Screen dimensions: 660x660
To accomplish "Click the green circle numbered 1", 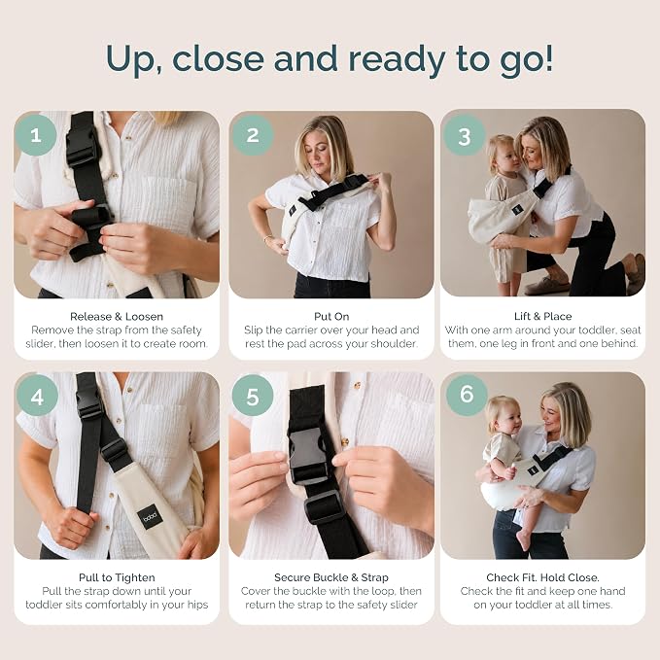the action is click(x=36, y=135).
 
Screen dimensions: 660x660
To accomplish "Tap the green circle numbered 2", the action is click(x=253, y=135).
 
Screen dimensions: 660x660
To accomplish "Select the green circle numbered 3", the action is click(x=465, y=135).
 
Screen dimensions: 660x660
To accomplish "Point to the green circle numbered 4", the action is click(x=37, y=396).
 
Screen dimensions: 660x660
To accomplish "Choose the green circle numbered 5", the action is click(x=253, y=396).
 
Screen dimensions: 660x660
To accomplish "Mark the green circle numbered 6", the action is click(x=467, y=395).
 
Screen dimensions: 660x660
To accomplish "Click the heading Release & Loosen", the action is click(x=117, y=317).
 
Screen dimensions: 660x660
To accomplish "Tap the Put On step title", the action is click(x=331, y=317).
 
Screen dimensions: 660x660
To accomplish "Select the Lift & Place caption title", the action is click(x=543, y=317).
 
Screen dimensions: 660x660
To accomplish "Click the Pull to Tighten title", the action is click(x=117, y=578).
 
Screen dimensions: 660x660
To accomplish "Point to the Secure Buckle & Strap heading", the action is click(x=331, y=578).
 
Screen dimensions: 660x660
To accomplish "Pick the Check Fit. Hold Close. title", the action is click(x=543, y=577).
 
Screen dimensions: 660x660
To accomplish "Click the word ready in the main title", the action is click(x=398, y=59).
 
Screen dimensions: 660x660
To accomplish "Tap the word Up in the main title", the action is click(x=133, y=59).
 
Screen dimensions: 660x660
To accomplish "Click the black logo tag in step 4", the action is click(x=149, y=516).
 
